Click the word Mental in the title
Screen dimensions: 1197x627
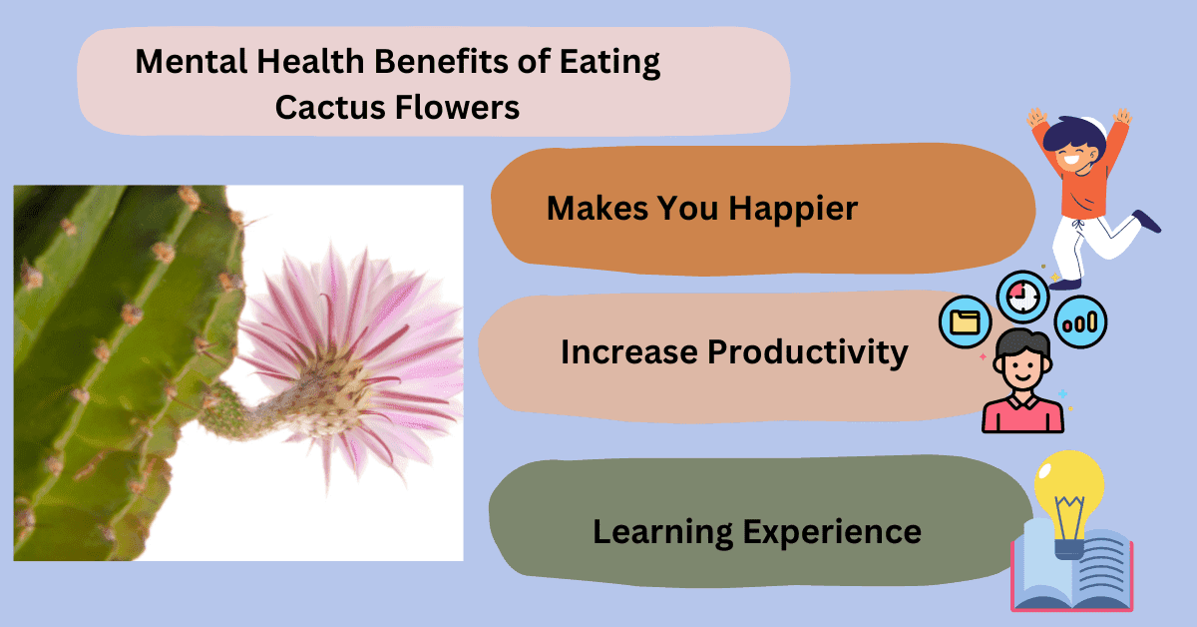click(192, 61)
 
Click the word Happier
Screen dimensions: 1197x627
click(793, 210)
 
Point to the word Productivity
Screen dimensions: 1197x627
click(808, 353)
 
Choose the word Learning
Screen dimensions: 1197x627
click(662, 533)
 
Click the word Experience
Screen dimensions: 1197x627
click(832, 533)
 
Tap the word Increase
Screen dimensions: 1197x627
click(629, 352)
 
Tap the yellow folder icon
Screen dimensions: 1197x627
click(965, 322)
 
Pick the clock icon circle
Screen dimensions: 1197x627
click(1022, 297)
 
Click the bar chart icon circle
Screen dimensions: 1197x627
click(1080, 322)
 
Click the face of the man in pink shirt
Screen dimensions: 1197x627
click(1022, 369)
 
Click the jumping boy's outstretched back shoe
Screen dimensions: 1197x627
click(1147, 221)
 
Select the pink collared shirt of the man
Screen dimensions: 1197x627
click(1022, 414)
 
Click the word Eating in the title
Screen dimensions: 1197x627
click(609, 62)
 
